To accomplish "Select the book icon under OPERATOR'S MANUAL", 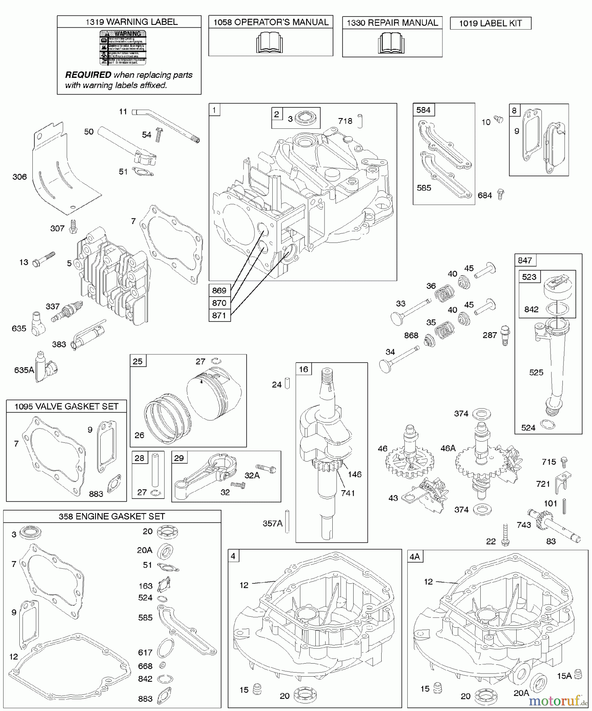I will click(x=270, y=43).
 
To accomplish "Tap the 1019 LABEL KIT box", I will click(x=490, y=23).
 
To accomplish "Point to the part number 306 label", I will click(x=19, y=177).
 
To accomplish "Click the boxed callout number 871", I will click(x=219, y=315).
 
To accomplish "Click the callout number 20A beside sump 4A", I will click(x=521, y=692).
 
